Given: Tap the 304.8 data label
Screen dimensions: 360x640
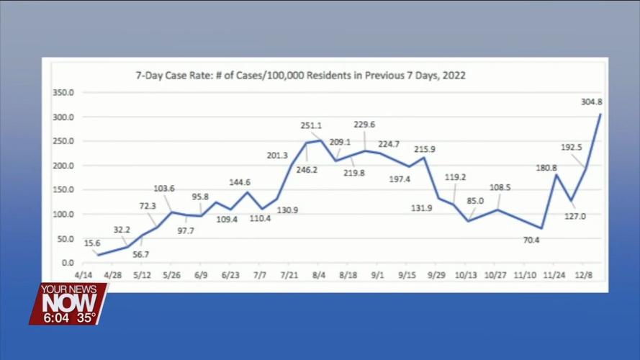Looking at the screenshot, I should pyautogui.click(x=591, y=102).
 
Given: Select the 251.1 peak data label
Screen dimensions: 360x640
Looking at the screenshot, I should pyautogui.click(x=311, y=126).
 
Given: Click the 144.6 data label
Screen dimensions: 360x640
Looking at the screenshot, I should pyautogui.click(x=240, y=182).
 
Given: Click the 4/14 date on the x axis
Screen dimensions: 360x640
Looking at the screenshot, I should pyautogui.click(x=82, y=276).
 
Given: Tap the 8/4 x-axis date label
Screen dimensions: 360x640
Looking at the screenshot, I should pyautogui.click(x=318, y=276).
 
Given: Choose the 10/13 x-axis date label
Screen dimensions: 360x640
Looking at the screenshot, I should pyautogui.click(x=466, y=276).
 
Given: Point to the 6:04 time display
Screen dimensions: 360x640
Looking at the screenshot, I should pyautogui.click(x=55, y=318).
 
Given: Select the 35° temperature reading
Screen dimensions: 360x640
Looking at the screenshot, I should pyautogui.click(x=87, y=318).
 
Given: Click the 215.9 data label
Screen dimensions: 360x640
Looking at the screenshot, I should pyautogui.click(x=425, y=149).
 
